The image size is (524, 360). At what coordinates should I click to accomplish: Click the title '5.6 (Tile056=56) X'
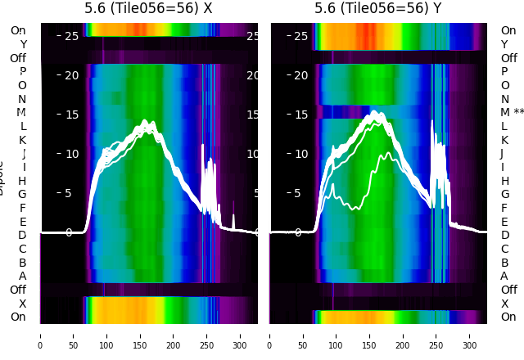click(x=149, y=9)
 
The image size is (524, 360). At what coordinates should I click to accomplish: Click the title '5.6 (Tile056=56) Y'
click(x=378, y=9)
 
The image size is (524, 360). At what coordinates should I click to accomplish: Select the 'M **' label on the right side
click(x=513, y=112)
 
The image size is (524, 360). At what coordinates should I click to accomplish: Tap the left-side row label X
click(x=22, y=304)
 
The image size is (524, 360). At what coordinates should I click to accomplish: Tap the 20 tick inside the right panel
click(x=300, y=75)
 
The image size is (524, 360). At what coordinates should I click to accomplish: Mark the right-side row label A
click(x=504, y=276)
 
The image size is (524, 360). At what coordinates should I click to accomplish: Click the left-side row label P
click(x=22, y=71)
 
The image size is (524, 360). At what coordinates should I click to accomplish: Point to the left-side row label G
click(x=22, y=194)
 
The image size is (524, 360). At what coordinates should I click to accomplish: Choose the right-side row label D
click(x=504, y=235)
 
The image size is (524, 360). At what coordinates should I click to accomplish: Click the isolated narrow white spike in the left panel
click(x=233, y=221)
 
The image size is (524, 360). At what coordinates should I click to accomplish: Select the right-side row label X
click(x=504, y=304)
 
